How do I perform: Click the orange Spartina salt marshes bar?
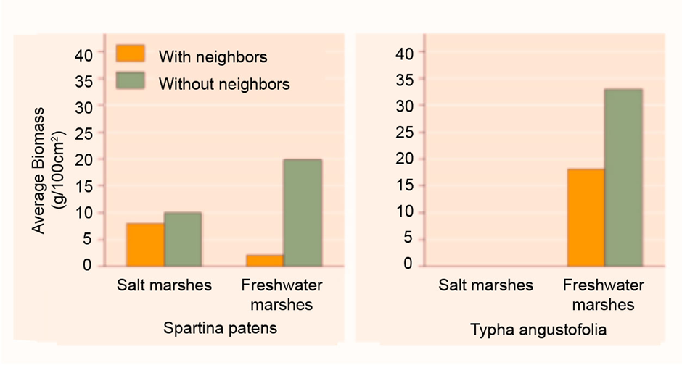click(x=145, y=244)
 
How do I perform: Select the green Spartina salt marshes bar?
click(x=183, y=239)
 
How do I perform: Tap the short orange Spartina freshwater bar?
click(x=264, y=259)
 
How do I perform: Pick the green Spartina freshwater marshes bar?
click(x=302, y=212)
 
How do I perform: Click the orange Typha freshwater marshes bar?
click(x=586, y=217)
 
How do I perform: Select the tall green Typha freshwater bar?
click(x=623, y=177)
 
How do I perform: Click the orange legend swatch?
click(x=131, y=54)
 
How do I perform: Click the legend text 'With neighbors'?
click(x=213, y=56)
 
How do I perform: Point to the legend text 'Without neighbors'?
click(x=224, y=84)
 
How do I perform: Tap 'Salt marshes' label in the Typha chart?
click(x=485, y=285)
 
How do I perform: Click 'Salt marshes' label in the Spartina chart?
click(x=165, y=285)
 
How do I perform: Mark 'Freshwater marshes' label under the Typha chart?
click(x=598, y=293)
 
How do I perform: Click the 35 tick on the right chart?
click(x=406, y=79)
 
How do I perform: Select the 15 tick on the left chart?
click(x=85, y=185)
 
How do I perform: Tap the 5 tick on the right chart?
click(x=409, y=238)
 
